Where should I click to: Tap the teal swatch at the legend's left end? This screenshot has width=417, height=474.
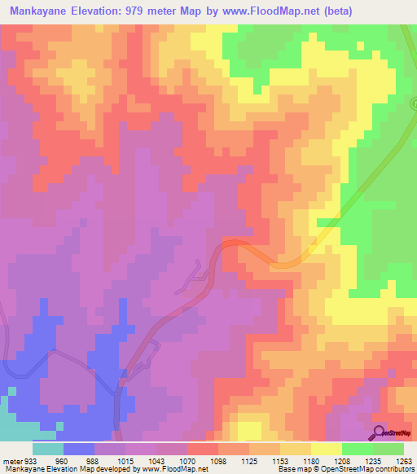[x=48, y=449]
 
